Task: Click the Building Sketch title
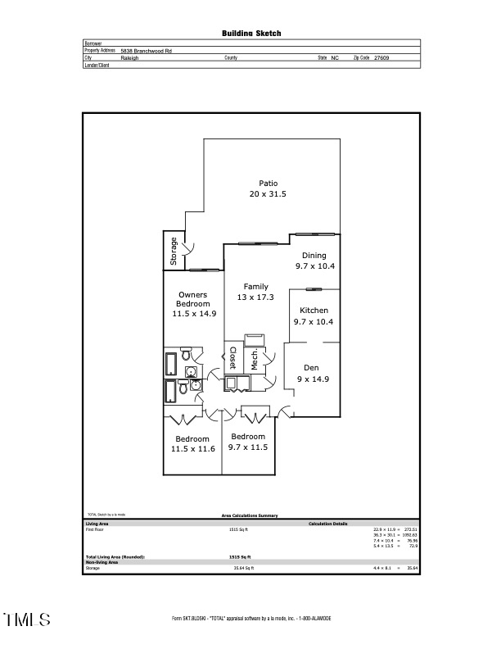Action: (251, 34)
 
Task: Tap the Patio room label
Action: (268, 184)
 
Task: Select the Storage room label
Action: (174, 251)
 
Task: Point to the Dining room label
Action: (314, 256)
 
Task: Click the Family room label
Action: (255, 286)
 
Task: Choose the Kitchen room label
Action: (314, 311)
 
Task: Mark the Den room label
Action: (311, 368)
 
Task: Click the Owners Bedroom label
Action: (193, 299)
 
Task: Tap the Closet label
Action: (233, 358)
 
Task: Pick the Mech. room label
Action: (255, 361)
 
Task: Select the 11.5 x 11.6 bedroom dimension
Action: (193, 449)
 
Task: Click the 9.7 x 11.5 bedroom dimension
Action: (249, 447)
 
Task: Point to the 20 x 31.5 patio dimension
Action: (268, 194)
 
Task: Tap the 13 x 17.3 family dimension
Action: (255, 297)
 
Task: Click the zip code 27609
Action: (381, 58)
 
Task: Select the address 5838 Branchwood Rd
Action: (146, 51)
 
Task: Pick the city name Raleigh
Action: (129, 58)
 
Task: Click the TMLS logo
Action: (26, 619)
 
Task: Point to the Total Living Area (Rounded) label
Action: (115, 556)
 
